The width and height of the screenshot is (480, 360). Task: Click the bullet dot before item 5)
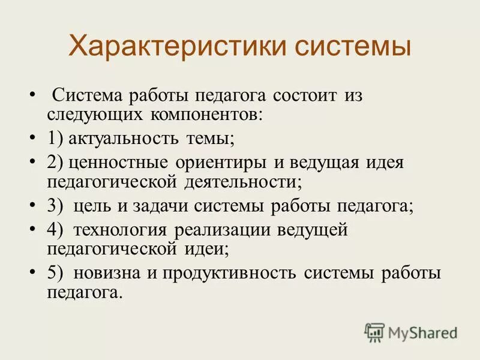32,273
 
